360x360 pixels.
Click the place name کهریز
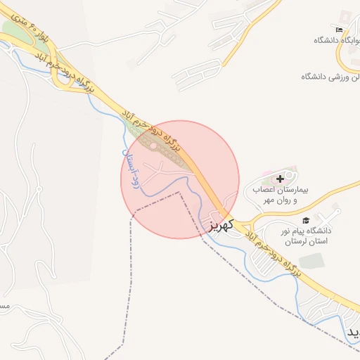[220, 225]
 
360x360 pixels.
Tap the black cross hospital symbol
[281, 179]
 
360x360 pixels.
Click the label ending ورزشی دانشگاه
[330, 75]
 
